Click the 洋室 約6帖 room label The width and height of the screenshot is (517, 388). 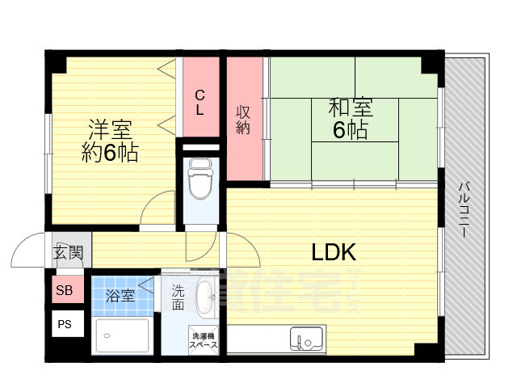coord(110,141)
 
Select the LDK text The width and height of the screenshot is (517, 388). coord(334,252)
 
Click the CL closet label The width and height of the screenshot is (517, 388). coord(200,100)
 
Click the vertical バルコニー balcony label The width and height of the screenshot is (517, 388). coord(464,209)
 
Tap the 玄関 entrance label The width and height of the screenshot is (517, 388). coord(69,253)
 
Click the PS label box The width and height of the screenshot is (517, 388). coord(62,325)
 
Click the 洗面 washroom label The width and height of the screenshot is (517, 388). coord(178,298)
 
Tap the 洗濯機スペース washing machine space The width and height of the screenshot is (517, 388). coord(203,339)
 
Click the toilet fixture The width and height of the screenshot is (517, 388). coord(198,179)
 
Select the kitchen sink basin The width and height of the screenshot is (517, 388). coord(308,339)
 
